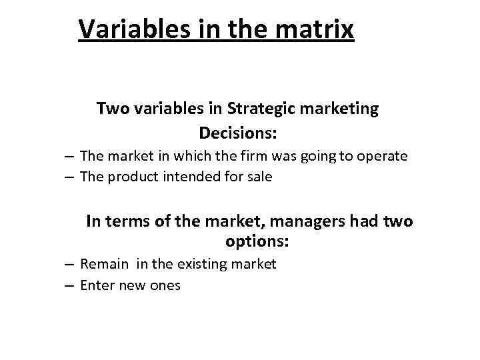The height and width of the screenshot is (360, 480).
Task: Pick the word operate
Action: click(x=381, y=157)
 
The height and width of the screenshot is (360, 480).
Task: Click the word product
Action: click(x=128, y=177)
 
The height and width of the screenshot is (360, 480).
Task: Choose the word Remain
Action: click(x=104, y=264)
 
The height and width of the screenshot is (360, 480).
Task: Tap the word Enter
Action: click(x=97, y=285)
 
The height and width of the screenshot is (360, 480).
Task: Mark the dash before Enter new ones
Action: click(x=69, y=286)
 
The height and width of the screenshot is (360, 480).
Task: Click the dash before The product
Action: click(x=69, y=177)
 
